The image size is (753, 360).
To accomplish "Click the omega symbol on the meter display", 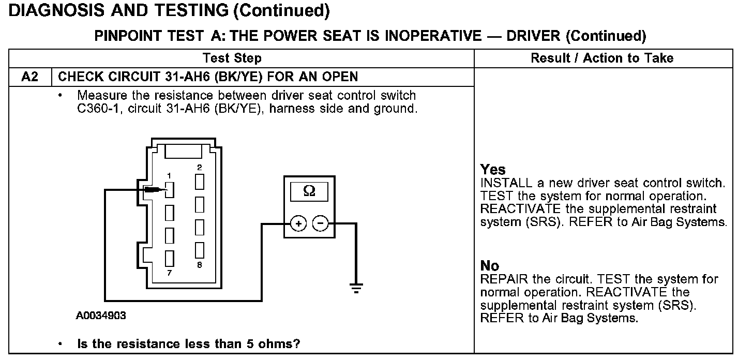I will pyautogui.click(x=309, y=191).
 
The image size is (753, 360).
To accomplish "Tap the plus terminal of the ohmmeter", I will pyautogui.click(x=299, y=223).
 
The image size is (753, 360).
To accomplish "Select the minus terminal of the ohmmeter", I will pyautogui.click(x=321, y=223).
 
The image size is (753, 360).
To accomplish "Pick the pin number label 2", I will pyautogui.click(x=199, y=167).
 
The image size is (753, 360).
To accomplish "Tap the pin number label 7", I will pyautogui.click(x=169, y=273).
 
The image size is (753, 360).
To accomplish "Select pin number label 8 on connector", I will pyautogui.click(x=199, y=265).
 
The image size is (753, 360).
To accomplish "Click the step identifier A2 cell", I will pyautogui.click(x=30, y=77).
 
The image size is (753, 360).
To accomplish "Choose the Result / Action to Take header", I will pyautogui.click(x=602, y=58).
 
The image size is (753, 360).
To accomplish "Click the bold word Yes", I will pyautogui.click(x=493, y=169).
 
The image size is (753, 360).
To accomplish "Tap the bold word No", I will pyautogui.click(x=490, y=266).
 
